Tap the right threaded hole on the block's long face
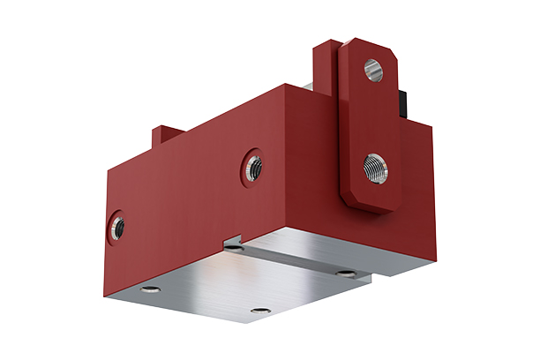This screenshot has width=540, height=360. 254,165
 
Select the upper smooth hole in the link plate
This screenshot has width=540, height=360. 373,68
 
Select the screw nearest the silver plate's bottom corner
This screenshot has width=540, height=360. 259,311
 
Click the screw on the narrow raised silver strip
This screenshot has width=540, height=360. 345,274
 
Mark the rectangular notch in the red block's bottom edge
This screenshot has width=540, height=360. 234,239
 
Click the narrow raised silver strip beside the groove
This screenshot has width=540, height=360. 318,265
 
